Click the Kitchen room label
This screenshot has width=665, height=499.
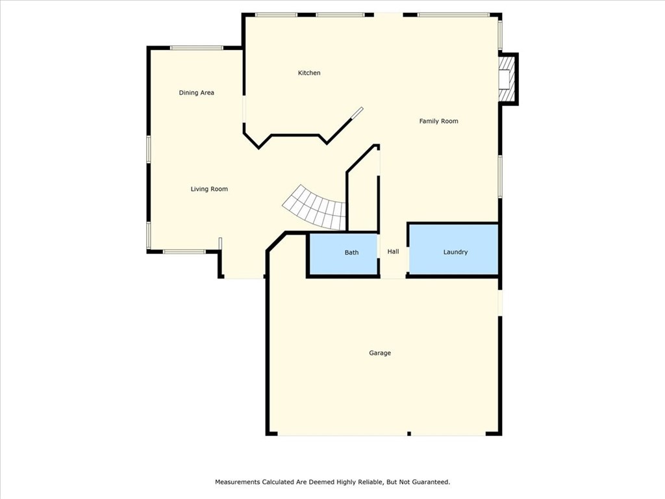tap(309, 73)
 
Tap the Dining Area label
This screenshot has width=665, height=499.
tap(196, 93)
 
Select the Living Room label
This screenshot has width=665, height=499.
tap(209, 189)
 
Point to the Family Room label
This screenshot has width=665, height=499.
tap(438, 121)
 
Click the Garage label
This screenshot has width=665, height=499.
tap(380, 353)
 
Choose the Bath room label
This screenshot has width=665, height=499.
tap(351, 252)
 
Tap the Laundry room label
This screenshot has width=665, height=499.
tap(455, 252)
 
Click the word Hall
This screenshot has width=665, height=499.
tap(393, 251)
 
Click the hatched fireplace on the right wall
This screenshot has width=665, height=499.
tap(507, 78)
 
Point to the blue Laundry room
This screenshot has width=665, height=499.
tap(453, 263)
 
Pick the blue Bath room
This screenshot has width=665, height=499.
tap(343, 263)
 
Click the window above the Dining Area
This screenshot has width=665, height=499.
tap(197, 47)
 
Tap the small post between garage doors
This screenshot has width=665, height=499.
tap(408, 433)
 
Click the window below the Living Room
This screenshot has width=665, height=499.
tap(184, 251)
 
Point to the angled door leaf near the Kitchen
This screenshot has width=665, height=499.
tap(357, 113)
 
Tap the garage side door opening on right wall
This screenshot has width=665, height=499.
tap(500, 303)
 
